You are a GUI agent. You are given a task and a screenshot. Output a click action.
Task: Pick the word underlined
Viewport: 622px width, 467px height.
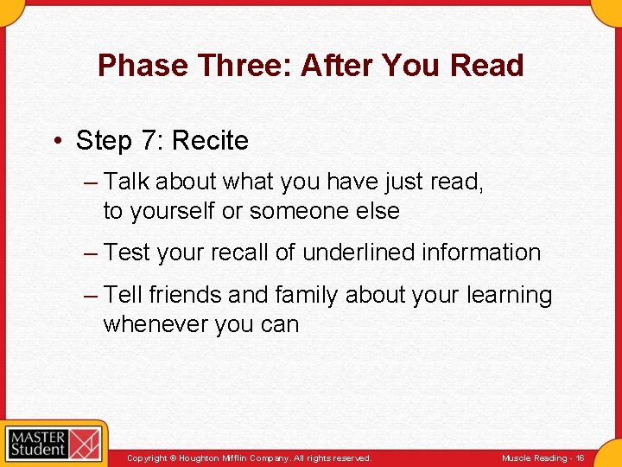[357, 253]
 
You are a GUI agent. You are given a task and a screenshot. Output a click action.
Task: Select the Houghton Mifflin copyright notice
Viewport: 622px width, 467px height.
[249, 457]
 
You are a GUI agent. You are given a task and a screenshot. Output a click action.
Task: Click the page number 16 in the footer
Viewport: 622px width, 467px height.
[580, 457]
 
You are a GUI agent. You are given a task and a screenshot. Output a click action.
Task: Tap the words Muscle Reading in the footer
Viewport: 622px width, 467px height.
[534, 457]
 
